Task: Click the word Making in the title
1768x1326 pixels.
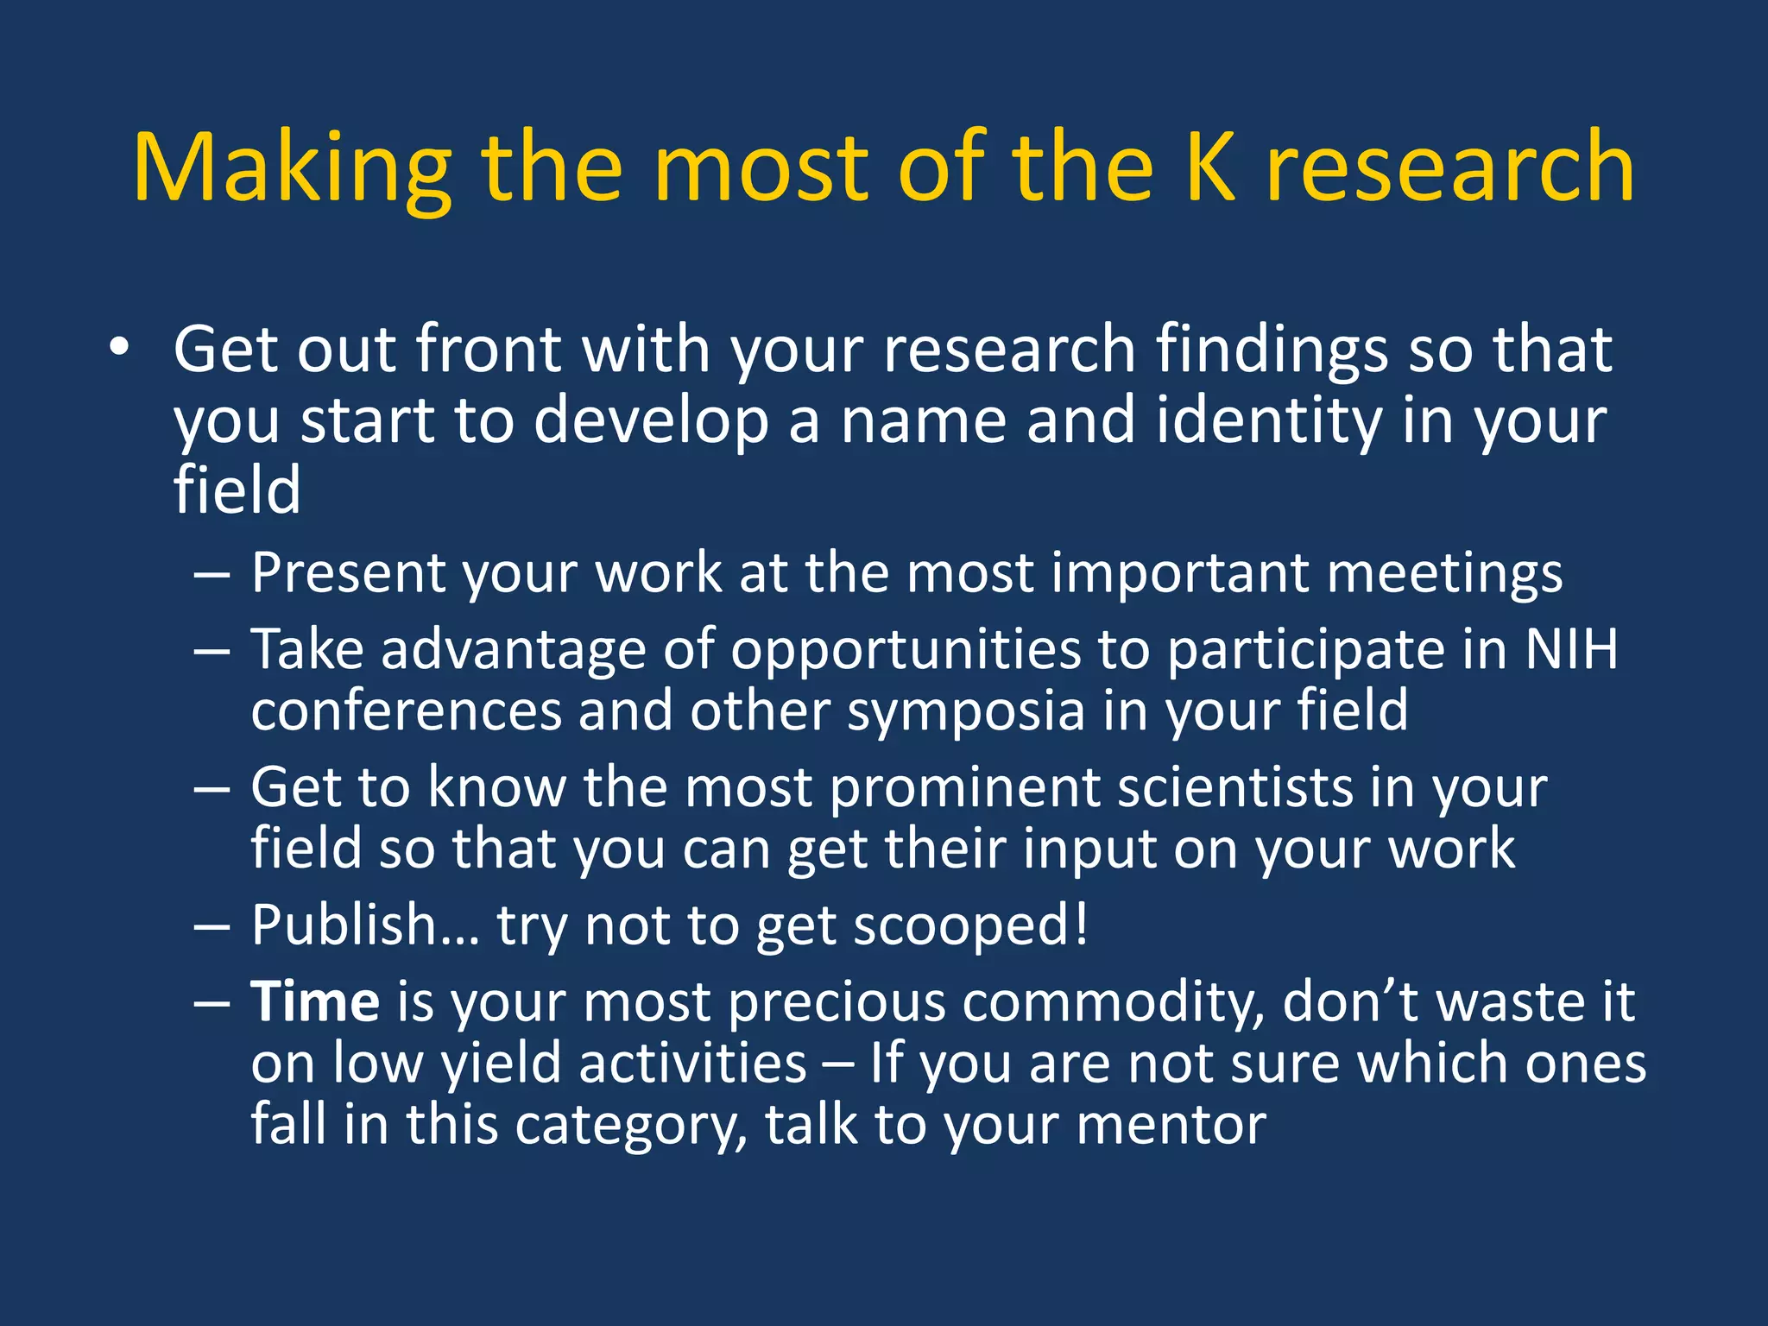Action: pyautogui.click(x=292, y=168)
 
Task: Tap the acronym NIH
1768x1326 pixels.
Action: pyautogui.click(x=1571, y=649)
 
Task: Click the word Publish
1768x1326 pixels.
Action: pyautogui.click(x=344, y=925)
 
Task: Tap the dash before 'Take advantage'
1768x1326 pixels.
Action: pyautogui.click(x=212, y=650)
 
